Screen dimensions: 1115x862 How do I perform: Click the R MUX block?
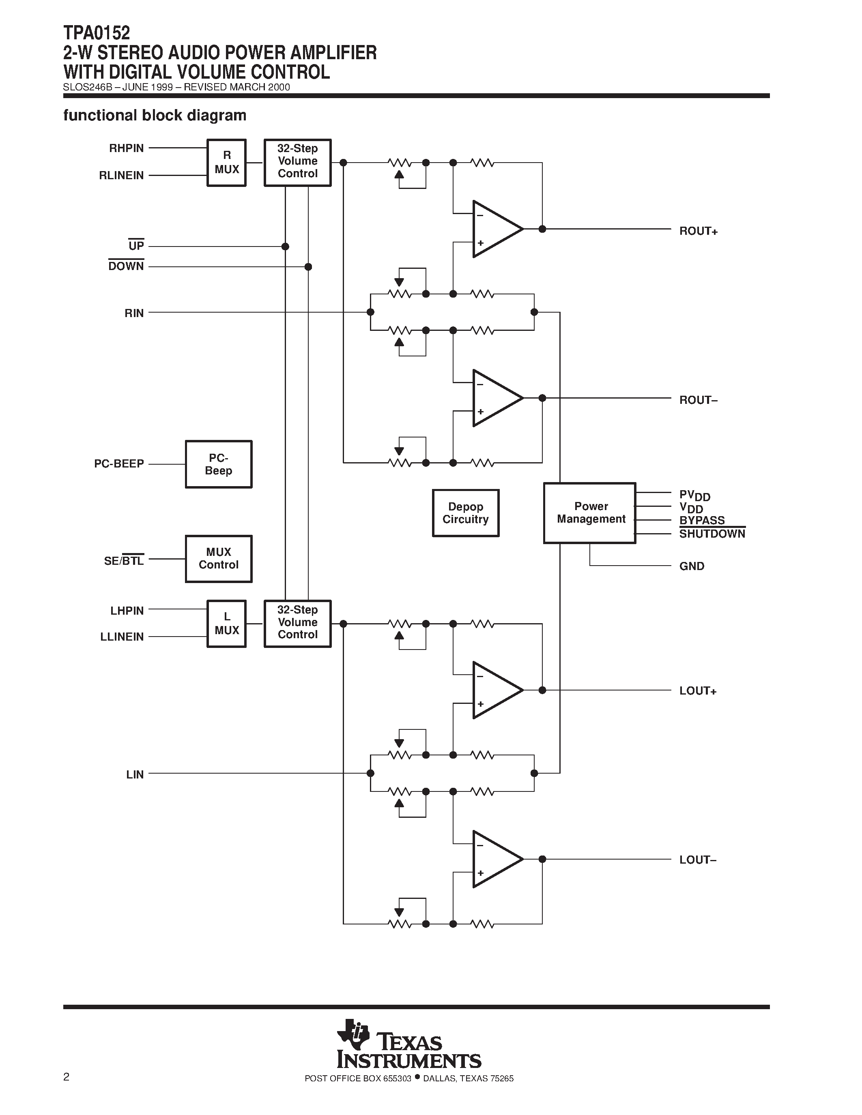(x=226, y=162)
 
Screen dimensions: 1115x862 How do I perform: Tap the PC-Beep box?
(x=219, y=464)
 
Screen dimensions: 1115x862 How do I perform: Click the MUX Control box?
(x=219, y=559)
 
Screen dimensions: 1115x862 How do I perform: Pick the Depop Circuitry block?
(x=465, y=513)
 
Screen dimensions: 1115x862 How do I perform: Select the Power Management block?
(x=590, y=512)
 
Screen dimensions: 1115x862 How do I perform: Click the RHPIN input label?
(x=127, y=148)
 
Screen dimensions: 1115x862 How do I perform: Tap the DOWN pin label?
(x=126, y=266)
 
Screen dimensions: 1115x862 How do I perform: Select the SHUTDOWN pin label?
(x=712, y=534)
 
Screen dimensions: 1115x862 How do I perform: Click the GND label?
(x=692, y=566)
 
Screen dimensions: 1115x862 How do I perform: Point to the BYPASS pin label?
(x=702, y=520)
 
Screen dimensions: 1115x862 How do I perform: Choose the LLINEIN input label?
(x=122, y=637)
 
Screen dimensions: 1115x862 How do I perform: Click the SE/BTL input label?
(x=124, y=561)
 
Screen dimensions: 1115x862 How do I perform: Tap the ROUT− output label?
(x=698, y=400)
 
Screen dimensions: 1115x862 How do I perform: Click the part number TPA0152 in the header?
(x=97, y=33)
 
